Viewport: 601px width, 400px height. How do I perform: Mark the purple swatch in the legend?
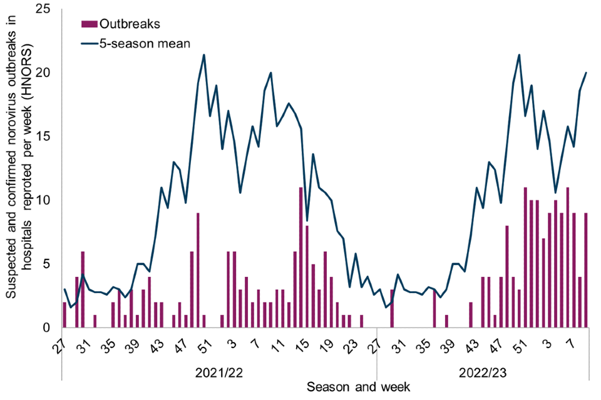pyautogui.click(x=90, y=24)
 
